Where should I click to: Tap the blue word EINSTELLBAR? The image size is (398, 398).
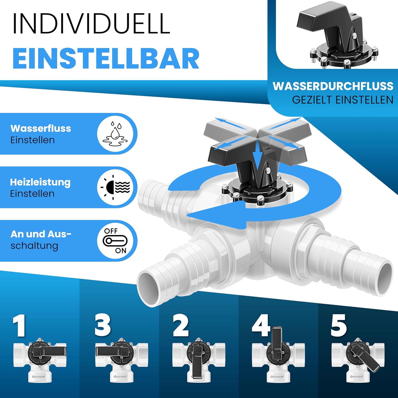point(106,59)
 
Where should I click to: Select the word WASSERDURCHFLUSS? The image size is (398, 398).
point(333,86)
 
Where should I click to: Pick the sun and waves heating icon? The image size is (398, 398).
point(115,187)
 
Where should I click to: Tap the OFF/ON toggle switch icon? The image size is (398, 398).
point(115,241)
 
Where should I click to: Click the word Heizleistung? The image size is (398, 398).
point(40,182)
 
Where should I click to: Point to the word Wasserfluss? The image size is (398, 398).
point(41,128)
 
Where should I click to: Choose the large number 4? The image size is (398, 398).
point(261,325)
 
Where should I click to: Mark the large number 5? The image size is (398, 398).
point(339,325)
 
